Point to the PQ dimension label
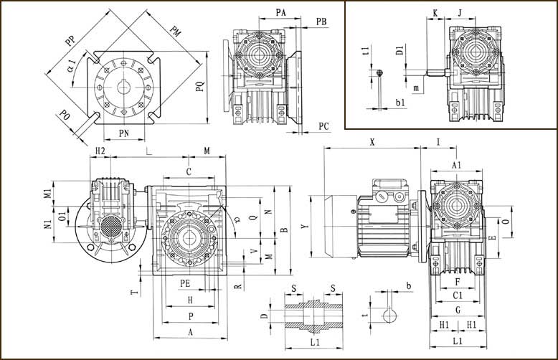tap(202, 88)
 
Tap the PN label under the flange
tap(123, 133)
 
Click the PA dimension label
tap(282, 12)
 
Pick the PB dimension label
tap(321, 22)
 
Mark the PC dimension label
tap(323, 126)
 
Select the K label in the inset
tap(435, 12)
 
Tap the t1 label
tap(366, 51)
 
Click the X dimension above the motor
tap(372, 142)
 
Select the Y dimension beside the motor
tap(305, 227)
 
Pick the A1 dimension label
tap(456, 165)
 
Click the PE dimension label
tap(185, 283)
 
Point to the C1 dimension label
tap(457, 294)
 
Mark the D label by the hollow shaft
tap(264, 316)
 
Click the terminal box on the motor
tap(387, 196)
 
